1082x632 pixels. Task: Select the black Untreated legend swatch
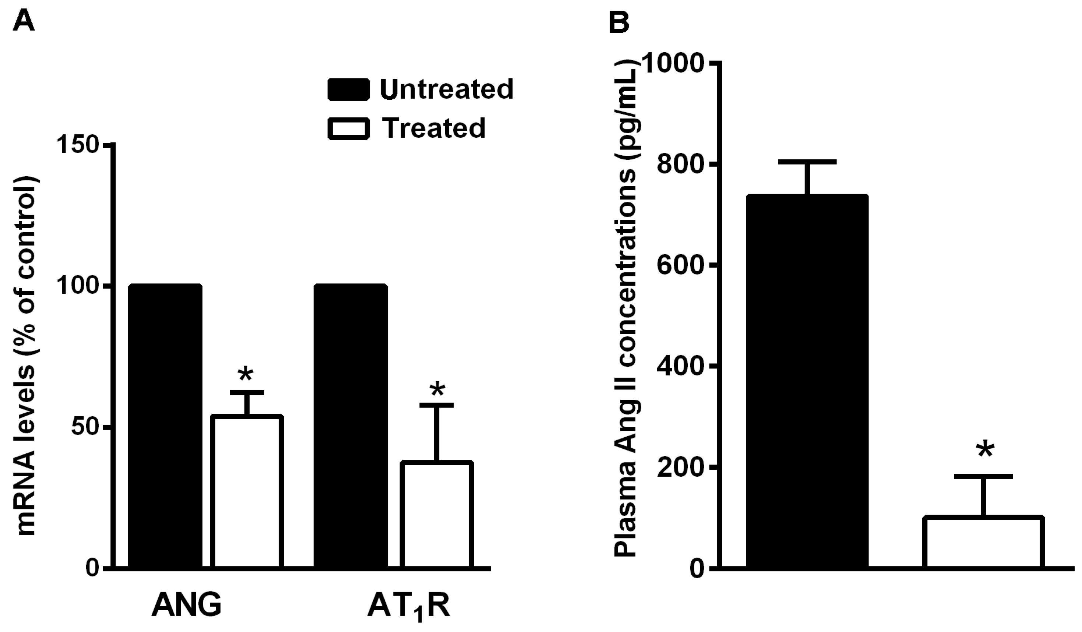pos(348,89)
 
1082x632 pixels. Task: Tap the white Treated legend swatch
pos(348,128)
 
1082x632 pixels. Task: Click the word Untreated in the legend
pos(446,89)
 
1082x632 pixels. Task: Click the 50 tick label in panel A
pos(86,427)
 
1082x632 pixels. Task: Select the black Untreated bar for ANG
pos(165,425)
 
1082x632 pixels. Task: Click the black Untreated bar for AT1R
pos(350,425)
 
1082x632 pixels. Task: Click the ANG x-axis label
pos(186,604)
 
